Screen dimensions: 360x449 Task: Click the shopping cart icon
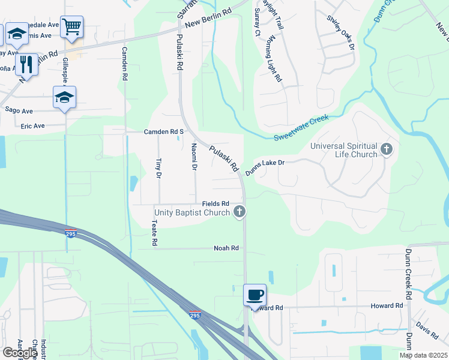[x=71, y=27]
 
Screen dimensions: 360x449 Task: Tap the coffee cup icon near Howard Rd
[x=255, y=295]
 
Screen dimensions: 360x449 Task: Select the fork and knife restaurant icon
[x=26, y=63]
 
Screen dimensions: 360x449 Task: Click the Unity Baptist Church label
[x=192, y=212]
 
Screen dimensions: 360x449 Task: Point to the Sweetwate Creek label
[x=302, y=129]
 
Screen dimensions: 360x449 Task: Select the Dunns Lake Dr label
[x=264, y=167]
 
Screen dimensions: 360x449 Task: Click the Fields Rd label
[x=216, y=203]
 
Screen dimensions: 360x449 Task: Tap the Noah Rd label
[x=226, y=248]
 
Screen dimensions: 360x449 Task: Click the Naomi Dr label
[x=194, y=157]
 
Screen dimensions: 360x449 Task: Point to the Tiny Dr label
[x=158, y=168]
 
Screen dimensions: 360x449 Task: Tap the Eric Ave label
[x=33, y=126]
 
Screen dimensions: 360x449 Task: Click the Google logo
[x=20, y=353]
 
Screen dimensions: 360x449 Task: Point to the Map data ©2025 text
[x=423, y=355]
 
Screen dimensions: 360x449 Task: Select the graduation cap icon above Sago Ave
[x=65, y=97]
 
